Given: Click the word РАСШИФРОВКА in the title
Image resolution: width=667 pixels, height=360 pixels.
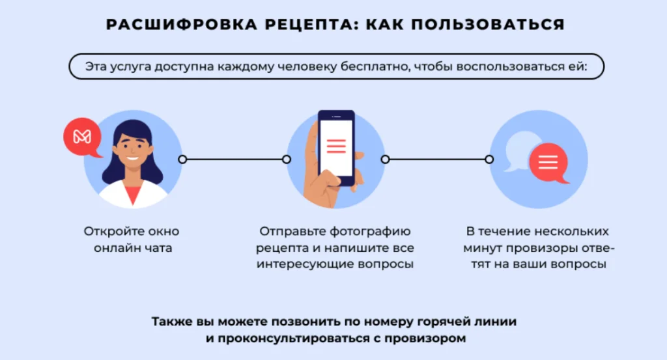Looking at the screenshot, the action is click(x=182, y=24).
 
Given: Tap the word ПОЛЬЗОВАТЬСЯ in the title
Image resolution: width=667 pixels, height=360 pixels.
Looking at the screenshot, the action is click(x=488, y=24).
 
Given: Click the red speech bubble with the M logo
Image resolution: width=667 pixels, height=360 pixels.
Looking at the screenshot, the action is click(x=83, y=137).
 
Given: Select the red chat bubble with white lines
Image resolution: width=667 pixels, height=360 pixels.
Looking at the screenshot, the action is click(x=549, y=163).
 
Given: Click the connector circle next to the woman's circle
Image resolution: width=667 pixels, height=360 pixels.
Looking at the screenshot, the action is click(x=182, y=159).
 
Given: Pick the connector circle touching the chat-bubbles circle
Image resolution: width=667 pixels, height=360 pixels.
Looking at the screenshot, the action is click(x=489, y=159).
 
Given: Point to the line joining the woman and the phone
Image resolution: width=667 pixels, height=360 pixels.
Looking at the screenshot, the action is click(x=234, y=159).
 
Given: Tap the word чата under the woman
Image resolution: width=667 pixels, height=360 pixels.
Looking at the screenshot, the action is click(x=158, y=248).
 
